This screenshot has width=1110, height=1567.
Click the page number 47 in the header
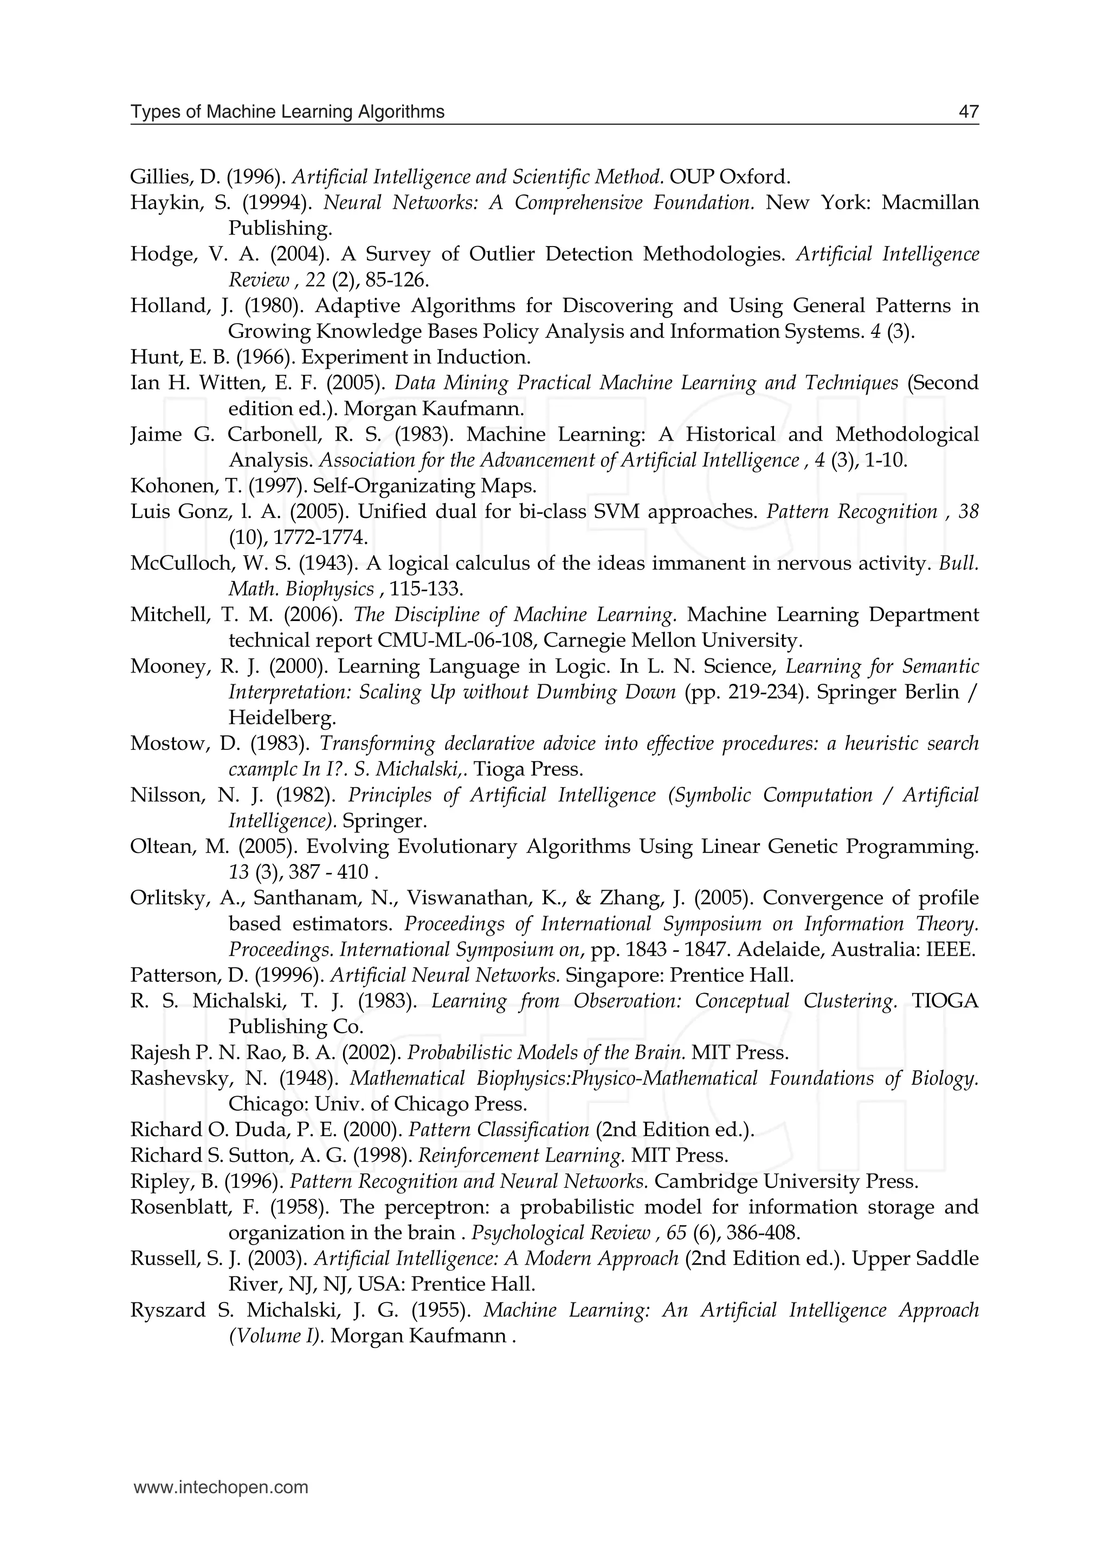[x=969, y=112]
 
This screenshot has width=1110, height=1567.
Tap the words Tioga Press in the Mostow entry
[x=528, y=769]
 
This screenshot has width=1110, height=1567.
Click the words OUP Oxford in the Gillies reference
[x=730, y=177]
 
